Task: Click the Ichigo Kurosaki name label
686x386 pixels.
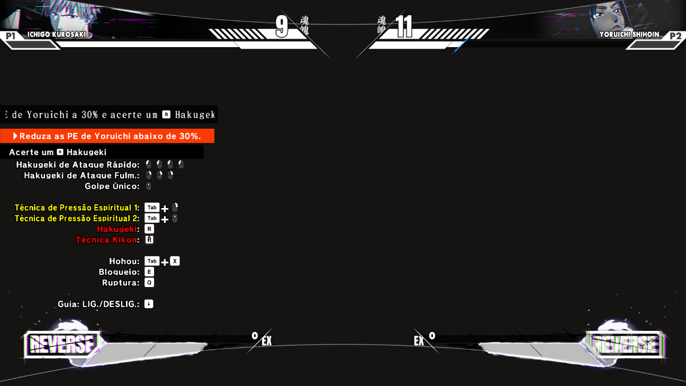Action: coord(57,34)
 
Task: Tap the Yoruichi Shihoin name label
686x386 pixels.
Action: coord(629,34)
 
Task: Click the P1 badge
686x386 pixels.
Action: coord(11,36)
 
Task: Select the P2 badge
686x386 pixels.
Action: coord(675,36)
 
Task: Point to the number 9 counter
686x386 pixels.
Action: coord(282,26)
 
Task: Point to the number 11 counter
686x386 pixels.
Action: coord(404,26)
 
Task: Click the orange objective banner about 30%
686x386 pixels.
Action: coord(107,136)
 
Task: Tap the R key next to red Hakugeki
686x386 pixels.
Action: coord(149,229)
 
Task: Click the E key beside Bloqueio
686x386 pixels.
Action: coord(149,272)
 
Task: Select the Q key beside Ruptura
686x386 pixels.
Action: coord(149,283)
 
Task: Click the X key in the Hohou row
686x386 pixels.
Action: coord(175,261)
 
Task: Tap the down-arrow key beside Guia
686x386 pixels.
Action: coord(149,304)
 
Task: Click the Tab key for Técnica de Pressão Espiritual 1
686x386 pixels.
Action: coord(152,208)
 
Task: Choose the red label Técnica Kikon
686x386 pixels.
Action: coord(106,240)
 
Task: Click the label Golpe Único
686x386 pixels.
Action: coord(112,186)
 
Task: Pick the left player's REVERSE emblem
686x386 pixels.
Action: coord(62,344)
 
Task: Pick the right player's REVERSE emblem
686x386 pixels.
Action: coord(625,344)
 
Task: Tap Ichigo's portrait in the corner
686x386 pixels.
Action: coord(64,16)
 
